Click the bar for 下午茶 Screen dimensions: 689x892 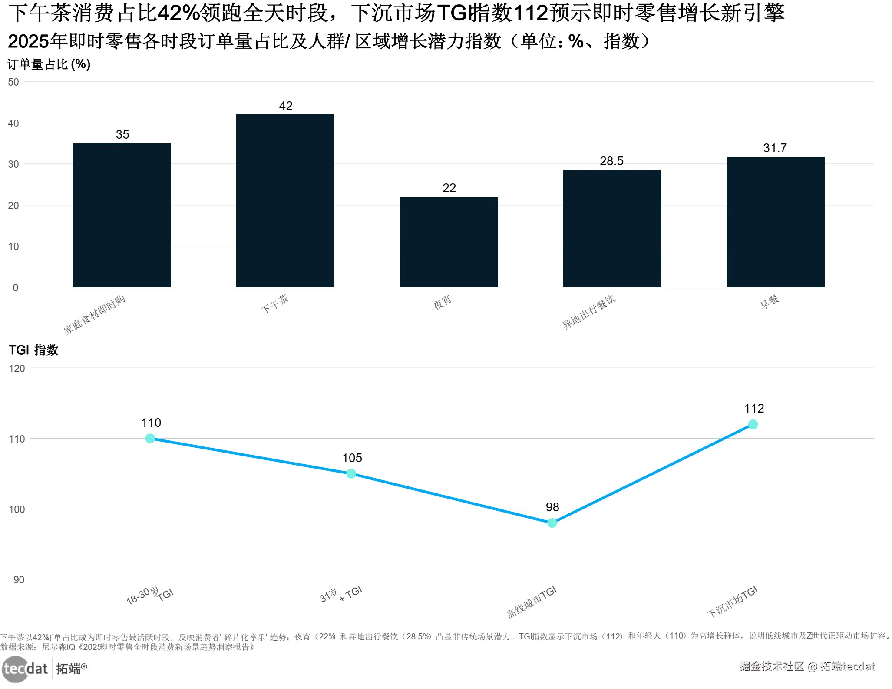285,200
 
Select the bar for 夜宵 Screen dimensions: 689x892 449,242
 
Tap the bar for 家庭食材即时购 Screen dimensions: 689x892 122,215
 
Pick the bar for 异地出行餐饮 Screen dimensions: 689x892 612,228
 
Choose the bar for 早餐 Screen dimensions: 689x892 775,222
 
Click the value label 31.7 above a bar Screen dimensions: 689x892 775,148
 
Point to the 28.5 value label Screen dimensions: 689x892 611,161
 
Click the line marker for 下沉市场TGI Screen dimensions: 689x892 753,424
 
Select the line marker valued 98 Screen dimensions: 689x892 552,523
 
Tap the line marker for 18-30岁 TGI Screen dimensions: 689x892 150,439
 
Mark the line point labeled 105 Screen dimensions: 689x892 351,473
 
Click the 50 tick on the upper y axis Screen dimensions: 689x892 13,82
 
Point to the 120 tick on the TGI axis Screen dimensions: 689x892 17,369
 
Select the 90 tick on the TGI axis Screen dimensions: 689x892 19,580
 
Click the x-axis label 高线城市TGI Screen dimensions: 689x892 532,602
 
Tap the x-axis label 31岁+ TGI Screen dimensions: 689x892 340,595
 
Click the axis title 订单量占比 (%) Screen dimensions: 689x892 49,64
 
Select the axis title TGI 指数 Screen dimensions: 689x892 33,350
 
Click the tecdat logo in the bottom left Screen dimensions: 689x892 25,668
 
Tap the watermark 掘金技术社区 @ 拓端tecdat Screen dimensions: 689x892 807,666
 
